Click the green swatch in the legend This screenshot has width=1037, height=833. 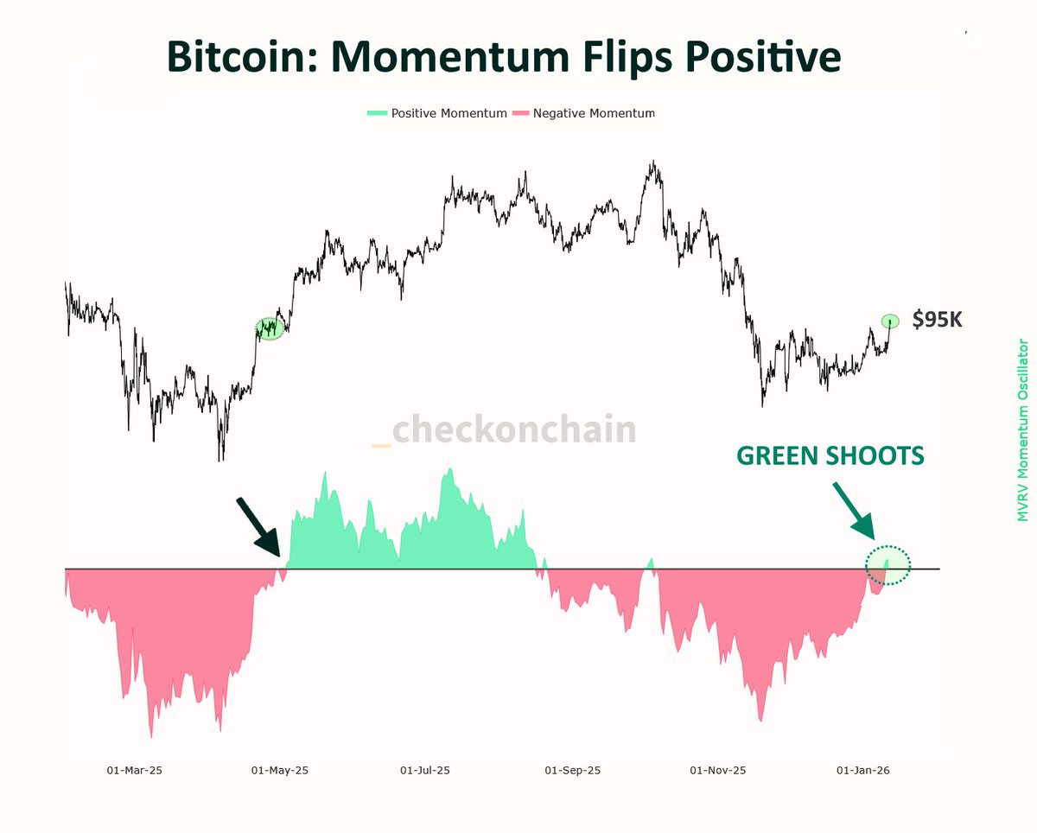[377, 113]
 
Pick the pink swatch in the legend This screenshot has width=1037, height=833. [521, 113]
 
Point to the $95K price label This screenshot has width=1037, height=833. [937, 320]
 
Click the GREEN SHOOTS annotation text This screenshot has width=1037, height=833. [830, 455]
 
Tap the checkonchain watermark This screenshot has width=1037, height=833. [513, 429]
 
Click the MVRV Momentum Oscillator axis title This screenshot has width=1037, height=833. [1022, 430]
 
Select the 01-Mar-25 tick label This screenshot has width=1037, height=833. [134, 770]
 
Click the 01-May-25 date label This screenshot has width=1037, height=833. [279, 770]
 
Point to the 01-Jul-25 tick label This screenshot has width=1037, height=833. [425, 770]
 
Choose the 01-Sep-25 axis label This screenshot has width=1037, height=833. [572, 770]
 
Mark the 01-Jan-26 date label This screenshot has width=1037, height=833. [863, 770]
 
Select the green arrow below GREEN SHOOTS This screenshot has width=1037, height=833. [855, 511]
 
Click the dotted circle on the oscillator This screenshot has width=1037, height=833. [888, 564]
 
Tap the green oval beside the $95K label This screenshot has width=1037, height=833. [890, 321]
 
